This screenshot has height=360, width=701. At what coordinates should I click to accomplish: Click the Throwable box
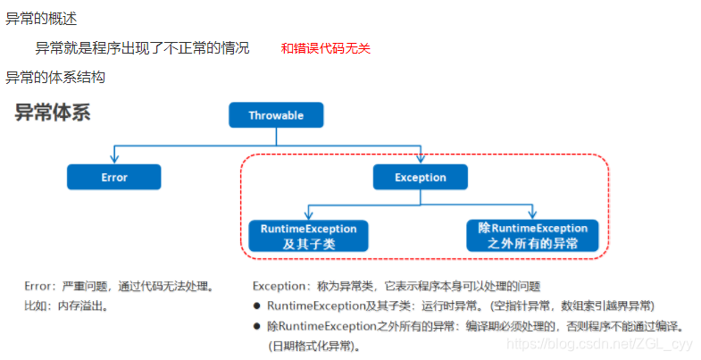pyautogui.click(x=276, y=115)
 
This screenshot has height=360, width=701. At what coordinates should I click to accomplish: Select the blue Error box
pyautogui.click(x=114, y=177)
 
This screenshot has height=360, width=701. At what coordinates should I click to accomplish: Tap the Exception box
pyautogui.click(x=421, y=177)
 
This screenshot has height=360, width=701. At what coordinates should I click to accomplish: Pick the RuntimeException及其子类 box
pyautogui.click(x=308, y=236)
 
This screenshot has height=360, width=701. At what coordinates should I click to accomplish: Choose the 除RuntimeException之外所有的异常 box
pyautogui.click(x=532, y=236)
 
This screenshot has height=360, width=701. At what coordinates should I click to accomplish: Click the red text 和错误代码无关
pyautogui.click(x=326, y=49)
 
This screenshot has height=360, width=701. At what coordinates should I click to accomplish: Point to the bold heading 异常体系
pyautogui.click(x=53, y=113)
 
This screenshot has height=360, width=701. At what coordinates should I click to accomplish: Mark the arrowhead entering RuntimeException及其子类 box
pyautogui.click(x=308, y=217)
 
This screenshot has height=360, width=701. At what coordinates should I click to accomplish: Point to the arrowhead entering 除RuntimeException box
pyautogui.click(x=532, y=217)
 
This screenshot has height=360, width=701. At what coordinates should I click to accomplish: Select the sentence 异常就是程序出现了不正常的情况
pyautogui.click(x=143, y=48)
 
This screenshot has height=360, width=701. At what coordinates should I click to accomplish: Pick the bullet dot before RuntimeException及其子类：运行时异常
pyautogui.click(x=257, y=306)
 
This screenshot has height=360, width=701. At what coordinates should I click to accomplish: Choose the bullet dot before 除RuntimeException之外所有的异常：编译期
pyautogui.click(x=257, y=326)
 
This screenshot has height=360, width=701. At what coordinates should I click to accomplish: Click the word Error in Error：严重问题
pyautogui.click(x=38, y=287)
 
